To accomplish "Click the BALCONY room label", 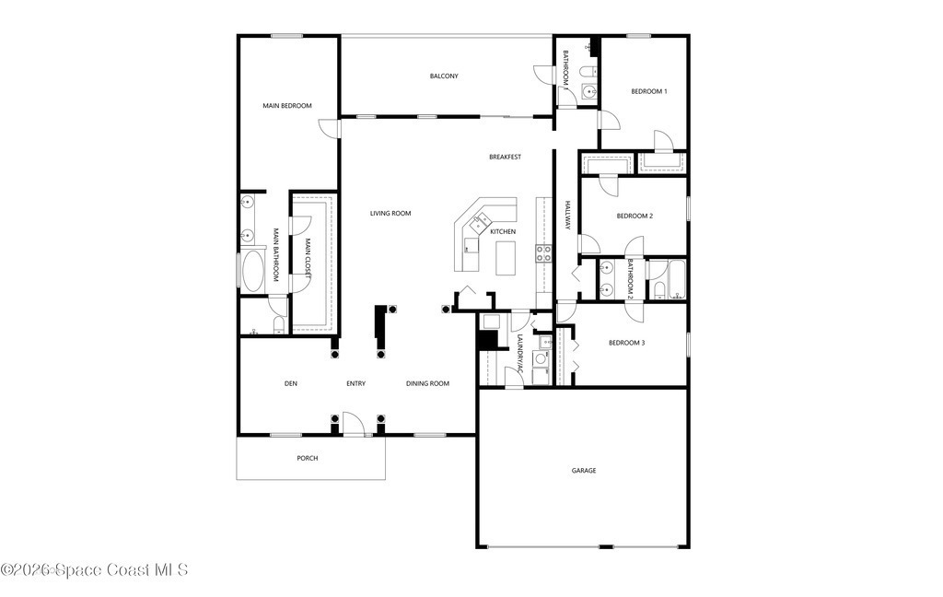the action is click(x=444, y=76).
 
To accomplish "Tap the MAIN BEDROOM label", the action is click(x=287, y=106).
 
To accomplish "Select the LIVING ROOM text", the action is click(x=390, y=214).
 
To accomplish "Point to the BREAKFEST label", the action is click(x=506, y=157).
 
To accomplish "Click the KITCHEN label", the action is click(x=503, y=231).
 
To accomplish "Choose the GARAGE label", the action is click(x=584, y=471).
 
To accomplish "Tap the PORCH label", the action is click(x=308, y=459).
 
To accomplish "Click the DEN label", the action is click(x=290, y=384).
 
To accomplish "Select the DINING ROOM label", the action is click(x=427, y=384).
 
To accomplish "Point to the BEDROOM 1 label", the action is click(x=649, y=92).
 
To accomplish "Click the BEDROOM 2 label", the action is click(x=634, y=217).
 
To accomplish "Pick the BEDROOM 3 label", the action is click(x=626, y=343).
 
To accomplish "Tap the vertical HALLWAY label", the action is click(x=567, y=215).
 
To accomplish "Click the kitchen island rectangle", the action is click(x=506, y=258).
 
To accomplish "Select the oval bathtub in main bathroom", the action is click(x=252, y=271).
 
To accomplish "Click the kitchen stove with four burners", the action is click(x=543, y=253).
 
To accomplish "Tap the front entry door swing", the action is click(x=354, y=423).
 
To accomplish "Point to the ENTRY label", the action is click(x=356, y=384).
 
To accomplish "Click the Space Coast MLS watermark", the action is click(x=95, y=570).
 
